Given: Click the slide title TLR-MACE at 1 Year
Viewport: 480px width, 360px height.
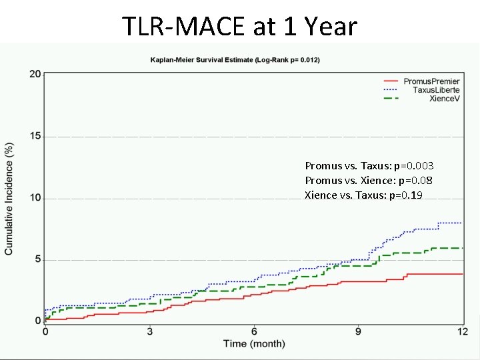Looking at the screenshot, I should point(240,27).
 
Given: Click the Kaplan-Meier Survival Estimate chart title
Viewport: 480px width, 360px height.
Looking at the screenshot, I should point(235,60).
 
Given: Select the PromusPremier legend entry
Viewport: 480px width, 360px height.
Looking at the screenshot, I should point(431,81).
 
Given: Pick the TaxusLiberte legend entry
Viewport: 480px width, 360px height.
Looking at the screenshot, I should point(436,90).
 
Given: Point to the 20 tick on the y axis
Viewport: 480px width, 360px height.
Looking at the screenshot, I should point(35,73).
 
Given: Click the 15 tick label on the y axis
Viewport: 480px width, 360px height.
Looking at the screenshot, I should point(35,136).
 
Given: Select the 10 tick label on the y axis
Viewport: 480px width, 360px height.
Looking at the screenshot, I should point(35,198).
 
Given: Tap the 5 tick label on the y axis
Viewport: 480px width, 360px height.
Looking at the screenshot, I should point(37,260).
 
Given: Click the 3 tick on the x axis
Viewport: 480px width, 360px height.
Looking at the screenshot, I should point(149,331).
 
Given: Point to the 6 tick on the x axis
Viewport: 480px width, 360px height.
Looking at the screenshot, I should point(254,331).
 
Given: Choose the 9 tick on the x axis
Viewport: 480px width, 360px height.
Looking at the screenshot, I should point(358,331).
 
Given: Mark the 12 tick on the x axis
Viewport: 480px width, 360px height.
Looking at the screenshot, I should point(461,331).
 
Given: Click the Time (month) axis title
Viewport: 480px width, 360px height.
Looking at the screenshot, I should point(254,344).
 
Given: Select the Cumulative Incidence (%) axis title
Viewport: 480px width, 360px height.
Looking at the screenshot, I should point(9,197).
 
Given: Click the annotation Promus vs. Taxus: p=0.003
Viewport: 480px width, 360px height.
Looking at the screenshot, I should point(369,165).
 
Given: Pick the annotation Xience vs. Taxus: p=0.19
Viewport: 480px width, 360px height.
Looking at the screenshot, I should point(363,195).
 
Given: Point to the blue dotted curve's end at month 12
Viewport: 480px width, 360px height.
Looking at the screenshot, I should point(461,223).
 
